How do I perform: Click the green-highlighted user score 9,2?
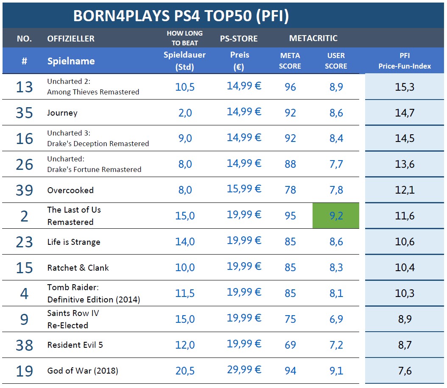(336, 216)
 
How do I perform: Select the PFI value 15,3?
(405, 87)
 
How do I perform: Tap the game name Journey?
(62, 113)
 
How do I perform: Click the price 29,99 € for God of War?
(244, 370)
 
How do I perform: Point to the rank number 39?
(24, 190)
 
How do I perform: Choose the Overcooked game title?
(70, 190)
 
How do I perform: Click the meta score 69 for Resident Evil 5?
(291, 345)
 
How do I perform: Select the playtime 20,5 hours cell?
(185, 371)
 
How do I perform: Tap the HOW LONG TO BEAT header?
(184, 38)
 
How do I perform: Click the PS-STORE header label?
(239, 39)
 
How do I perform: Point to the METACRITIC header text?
(313, 38)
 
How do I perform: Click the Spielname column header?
(71, 61)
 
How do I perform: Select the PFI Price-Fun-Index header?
(405, 61)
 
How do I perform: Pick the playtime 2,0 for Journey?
(185, 113)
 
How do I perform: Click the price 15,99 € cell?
(244, 189)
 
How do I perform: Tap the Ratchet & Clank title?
(78, 268)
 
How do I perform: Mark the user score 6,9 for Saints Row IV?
(336, 319)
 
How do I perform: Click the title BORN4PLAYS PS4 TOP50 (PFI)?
(181, 16)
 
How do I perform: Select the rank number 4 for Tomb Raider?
(24, 294)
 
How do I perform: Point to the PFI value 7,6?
(405, 371)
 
